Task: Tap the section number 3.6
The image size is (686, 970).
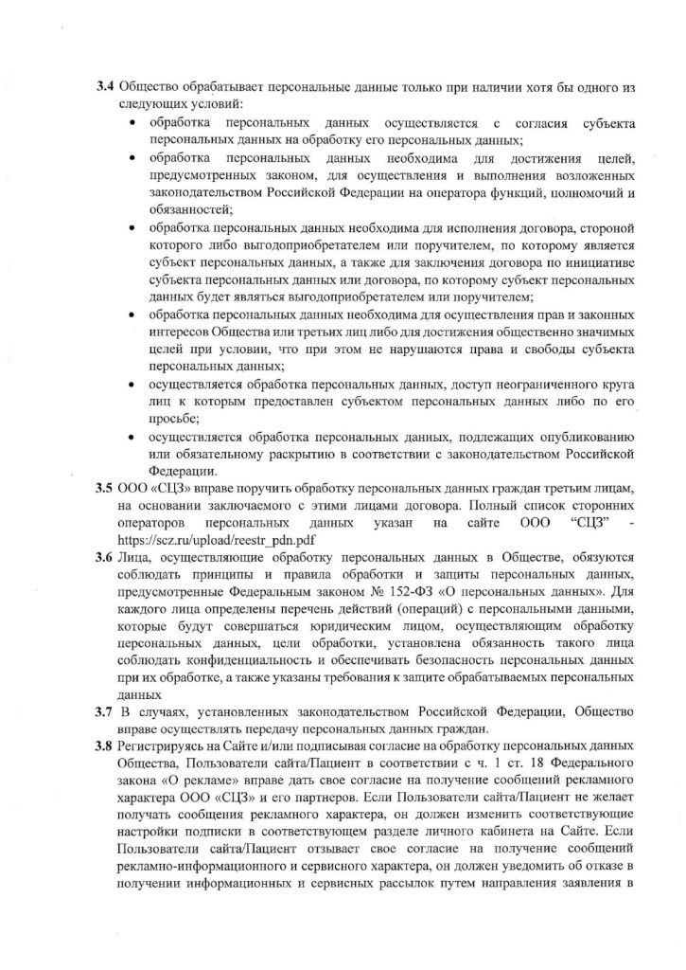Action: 105,555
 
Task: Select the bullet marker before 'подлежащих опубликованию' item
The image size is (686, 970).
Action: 129,437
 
